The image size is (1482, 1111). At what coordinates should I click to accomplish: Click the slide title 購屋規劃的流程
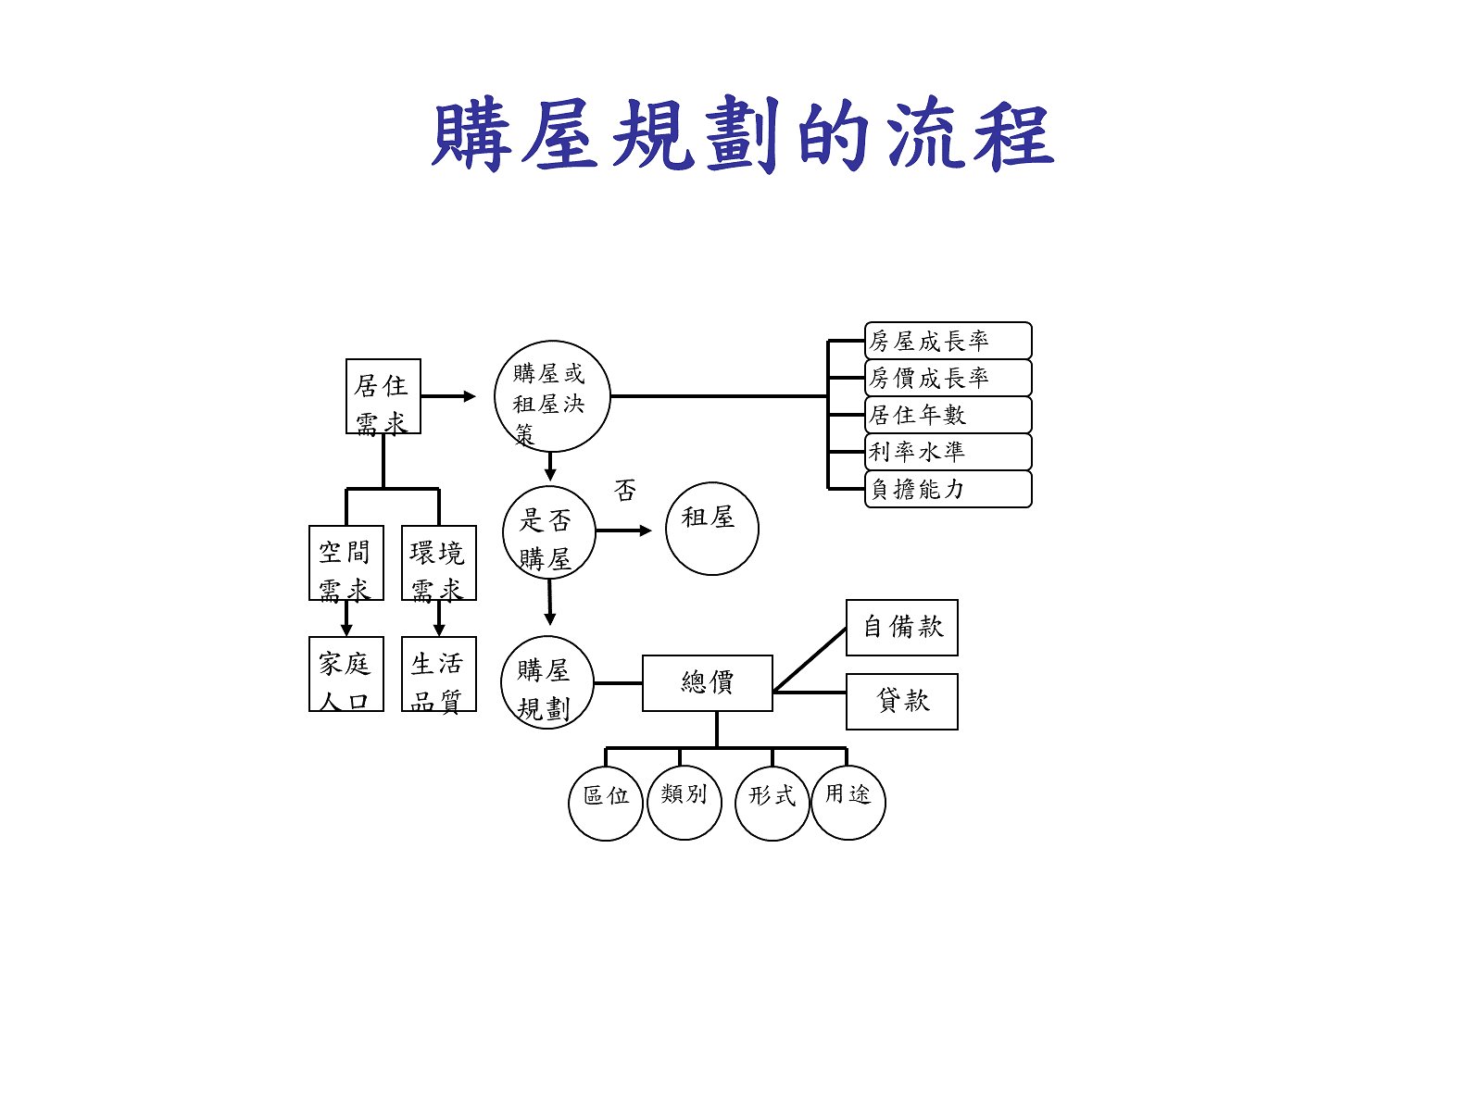pyautogui.click(x=742, y=136)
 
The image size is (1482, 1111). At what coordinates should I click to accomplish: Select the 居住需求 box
pyautogui.click(x=383, y=396)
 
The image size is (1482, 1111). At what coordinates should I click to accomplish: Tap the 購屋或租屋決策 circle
pyautogui.click(x=551, y=396)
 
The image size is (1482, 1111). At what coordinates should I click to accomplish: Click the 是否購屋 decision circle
pyautogui.click(x=548, y=532)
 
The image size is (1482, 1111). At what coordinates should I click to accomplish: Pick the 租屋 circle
pyautogui.click(x=711, y=529)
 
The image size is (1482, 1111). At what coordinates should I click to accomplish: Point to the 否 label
pyautogui.click(x=625, y=490)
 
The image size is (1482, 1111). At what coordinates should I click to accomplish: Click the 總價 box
pyautogui.click(x=707, y=683)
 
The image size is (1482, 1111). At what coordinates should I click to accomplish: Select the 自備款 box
pyautogui.click(x=901, y=628)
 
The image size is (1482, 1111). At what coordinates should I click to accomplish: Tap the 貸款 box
pyautogui.click(x=901, y=702)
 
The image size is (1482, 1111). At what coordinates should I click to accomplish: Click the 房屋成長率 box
pyautogui.click(x=948, y=341)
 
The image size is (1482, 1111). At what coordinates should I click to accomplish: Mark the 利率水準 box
pyautogui.click(x=948, y=452)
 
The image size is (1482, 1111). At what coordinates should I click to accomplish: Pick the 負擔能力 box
pyautogui.click(x=948, y=489)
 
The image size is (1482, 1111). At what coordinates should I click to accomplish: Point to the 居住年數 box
pyautogui.click(x=948, y=415)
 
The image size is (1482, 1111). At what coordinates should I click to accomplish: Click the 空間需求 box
pyautogui.click(x=345, y=563)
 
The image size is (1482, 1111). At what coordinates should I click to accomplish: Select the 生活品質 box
pyautogui.click(x=438, y=674)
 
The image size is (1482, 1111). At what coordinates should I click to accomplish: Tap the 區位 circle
pyautogui.click(x=605, y=804)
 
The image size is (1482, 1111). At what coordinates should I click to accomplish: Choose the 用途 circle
pyautogui.click(x=848, y=802)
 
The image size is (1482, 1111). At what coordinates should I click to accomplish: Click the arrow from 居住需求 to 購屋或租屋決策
pyautogui.click(x=448, y=396)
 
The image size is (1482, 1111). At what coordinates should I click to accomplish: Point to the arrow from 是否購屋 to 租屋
pyautogui.click(x=624, y=531)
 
